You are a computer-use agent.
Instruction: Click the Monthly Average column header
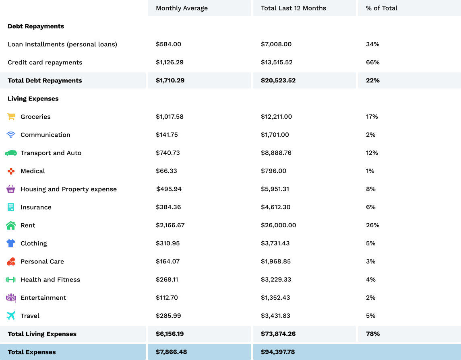coord(182,8)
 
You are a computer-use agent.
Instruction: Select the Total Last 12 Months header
coord(294,8)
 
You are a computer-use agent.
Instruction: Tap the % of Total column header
coord(382,8)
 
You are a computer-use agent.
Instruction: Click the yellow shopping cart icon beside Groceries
coord(11,117)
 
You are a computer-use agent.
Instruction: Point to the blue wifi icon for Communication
coord(11,135)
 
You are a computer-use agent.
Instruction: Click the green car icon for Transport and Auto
coord(11,153)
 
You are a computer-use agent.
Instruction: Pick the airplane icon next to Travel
coord(11,316)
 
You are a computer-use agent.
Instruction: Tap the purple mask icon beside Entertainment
coord(11,298)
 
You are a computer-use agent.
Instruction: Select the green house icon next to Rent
coord(11,225)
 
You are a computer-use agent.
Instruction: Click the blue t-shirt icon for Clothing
coord(11,243)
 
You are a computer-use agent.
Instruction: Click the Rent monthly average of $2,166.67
coord(170,225)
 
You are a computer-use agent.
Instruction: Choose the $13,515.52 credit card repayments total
coord(277,62)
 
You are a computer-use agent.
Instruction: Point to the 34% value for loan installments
coord(372,44)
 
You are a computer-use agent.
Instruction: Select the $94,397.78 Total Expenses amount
coord(278,352)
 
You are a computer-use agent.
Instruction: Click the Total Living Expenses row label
coord(42,334)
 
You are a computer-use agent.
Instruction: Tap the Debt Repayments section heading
coord(36,26)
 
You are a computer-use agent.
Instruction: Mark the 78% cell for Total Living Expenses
coord(373,334)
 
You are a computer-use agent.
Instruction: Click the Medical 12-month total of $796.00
coord(273,171)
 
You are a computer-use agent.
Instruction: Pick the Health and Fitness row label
coord(50,280)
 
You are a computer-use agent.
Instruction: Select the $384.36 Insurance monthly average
coord(168,207)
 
